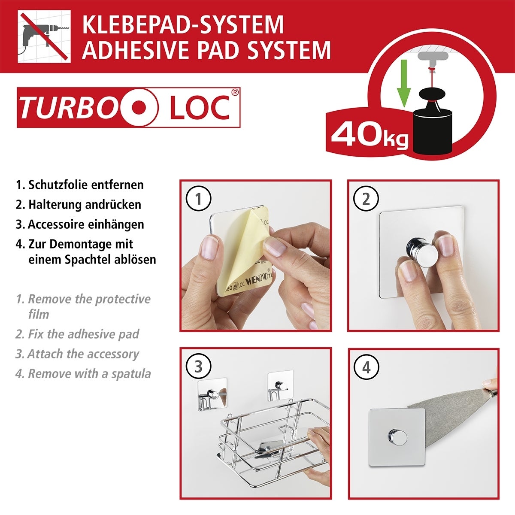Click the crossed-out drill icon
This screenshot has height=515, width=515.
point(44,37)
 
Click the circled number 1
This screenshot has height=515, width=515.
point(199,199)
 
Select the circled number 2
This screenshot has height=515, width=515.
point(366,199)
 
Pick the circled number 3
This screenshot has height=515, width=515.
point(199,367)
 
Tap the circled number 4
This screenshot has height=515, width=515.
point(366,367)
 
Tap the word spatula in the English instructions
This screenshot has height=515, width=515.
point(131,374)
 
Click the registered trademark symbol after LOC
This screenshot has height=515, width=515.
point(235,91)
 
